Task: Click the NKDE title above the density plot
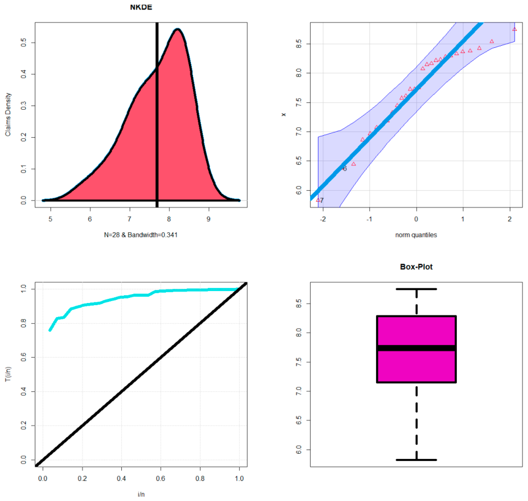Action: click(x=141, y=7)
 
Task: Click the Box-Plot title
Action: click(x=416, y=267)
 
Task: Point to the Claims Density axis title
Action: click(x=8, y=115)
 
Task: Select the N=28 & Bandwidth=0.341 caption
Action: click(x=141, y=235)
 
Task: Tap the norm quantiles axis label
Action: click(x=416, y=235)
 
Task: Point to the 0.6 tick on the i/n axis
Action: click(x=161, y=478)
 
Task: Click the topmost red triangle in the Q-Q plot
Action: click(x=514, y=29)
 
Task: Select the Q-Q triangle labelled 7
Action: click(x=318, y=200)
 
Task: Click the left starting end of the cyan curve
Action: click(x=50, y=330)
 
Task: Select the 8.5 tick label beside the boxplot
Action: click(x=299, y=304)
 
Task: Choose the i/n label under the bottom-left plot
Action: click(x=141, y=494)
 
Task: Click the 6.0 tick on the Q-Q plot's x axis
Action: click(x=299, y=190)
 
